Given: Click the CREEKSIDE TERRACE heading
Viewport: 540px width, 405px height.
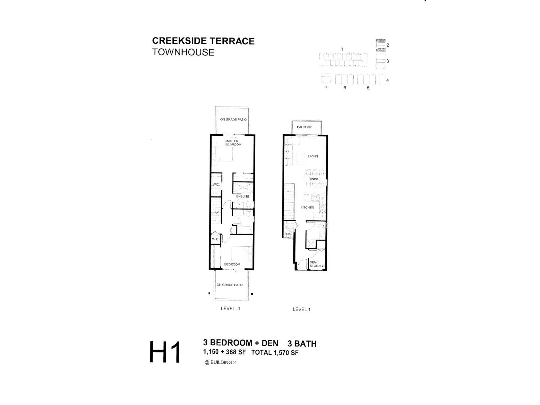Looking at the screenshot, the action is point(203,41).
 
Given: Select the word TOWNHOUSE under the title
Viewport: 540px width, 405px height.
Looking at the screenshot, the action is point(183,52).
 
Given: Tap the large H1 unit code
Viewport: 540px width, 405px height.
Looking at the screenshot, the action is point(165,352).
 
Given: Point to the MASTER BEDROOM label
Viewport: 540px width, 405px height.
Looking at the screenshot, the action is point(233,143).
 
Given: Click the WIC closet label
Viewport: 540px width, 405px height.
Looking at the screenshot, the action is point(216,184).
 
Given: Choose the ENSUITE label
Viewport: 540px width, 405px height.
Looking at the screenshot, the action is point(243,196).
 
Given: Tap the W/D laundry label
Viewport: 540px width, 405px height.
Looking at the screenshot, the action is point(215,239).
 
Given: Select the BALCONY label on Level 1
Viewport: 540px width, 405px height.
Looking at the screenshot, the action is point(304,127).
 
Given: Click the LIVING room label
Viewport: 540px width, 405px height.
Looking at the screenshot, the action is point(313,156).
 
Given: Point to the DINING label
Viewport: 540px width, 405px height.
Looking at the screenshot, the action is point(314,179).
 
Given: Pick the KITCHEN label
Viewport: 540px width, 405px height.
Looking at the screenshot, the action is point(307,207).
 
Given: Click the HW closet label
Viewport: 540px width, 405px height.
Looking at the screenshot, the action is point(288,234).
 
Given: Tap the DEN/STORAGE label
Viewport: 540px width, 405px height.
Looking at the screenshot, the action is point(317,264).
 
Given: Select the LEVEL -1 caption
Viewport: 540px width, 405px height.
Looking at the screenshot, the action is point(230,308).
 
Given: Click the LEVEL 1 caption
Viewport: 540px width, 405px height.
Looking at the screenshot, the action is point(301,309).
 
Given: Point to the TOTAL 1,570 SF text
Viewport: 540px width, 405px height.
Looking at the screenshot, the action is point(274,352).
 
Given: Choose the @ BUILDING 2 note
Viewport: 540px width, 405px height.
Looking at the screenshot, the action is point(220,362).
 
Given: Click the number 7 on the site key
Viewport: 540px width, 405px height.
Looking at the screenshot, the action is point(326,87).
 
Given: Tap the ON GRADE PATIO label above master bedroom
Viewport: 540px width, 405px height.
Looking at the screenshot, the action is point(233,119).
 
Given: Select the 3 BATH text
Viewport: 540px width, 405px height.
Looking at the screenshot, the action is point(302,343).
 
